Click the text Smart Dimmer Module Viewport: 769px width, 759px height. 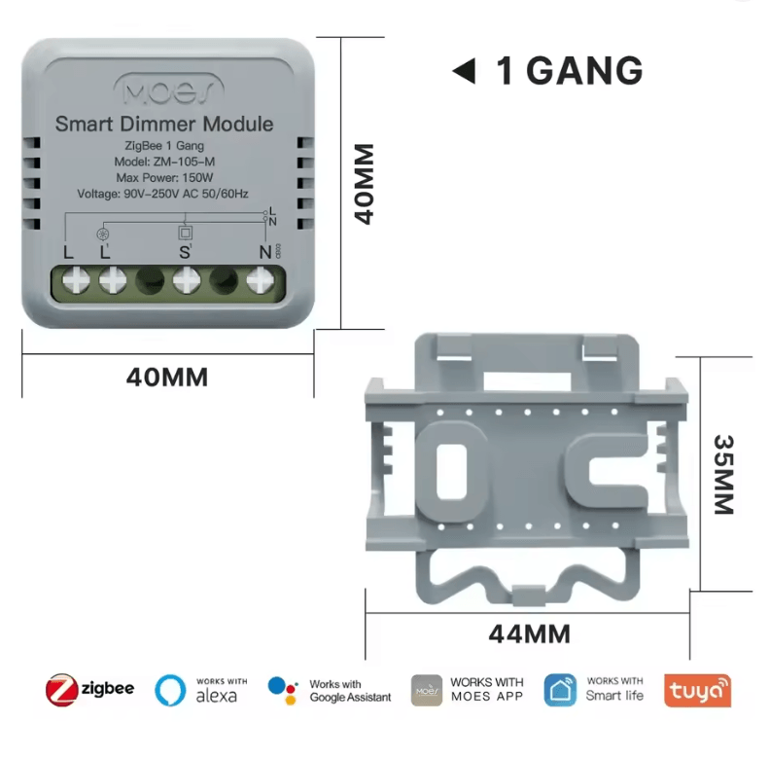tap(164, 125)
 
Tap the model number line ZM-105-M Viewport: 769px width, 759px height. tap(164, 162)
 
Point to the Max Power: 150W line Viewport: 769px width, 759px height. tap(164, 178)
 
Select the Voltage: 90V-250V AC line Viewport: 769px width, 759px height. tap(164, 194)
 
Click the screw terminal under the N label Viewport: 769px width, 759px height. tap(259, 281)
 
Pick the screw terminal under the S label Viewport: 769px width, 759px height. tap(187, 281)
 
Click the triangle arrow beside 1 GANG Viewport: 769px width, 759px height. tap(464, 71)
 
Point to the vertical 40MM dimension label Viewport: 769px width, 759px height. tap(365, 184)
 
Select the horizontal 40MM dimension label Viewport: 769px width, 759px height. tap(167, 377)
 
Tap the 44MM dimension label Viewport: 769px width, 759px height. tap(529, 634)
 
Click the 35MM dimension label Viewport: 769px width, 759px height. tap(724, 474)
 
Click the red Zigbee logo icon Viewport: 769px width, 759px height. tap(61, 690)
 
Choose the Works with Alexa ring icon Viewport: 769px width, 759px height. tap(170, 690)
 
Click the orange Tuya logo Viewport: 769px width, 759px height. tap(697, 690)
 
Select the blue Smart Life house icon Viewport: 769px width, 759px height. tap(560, 690)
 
